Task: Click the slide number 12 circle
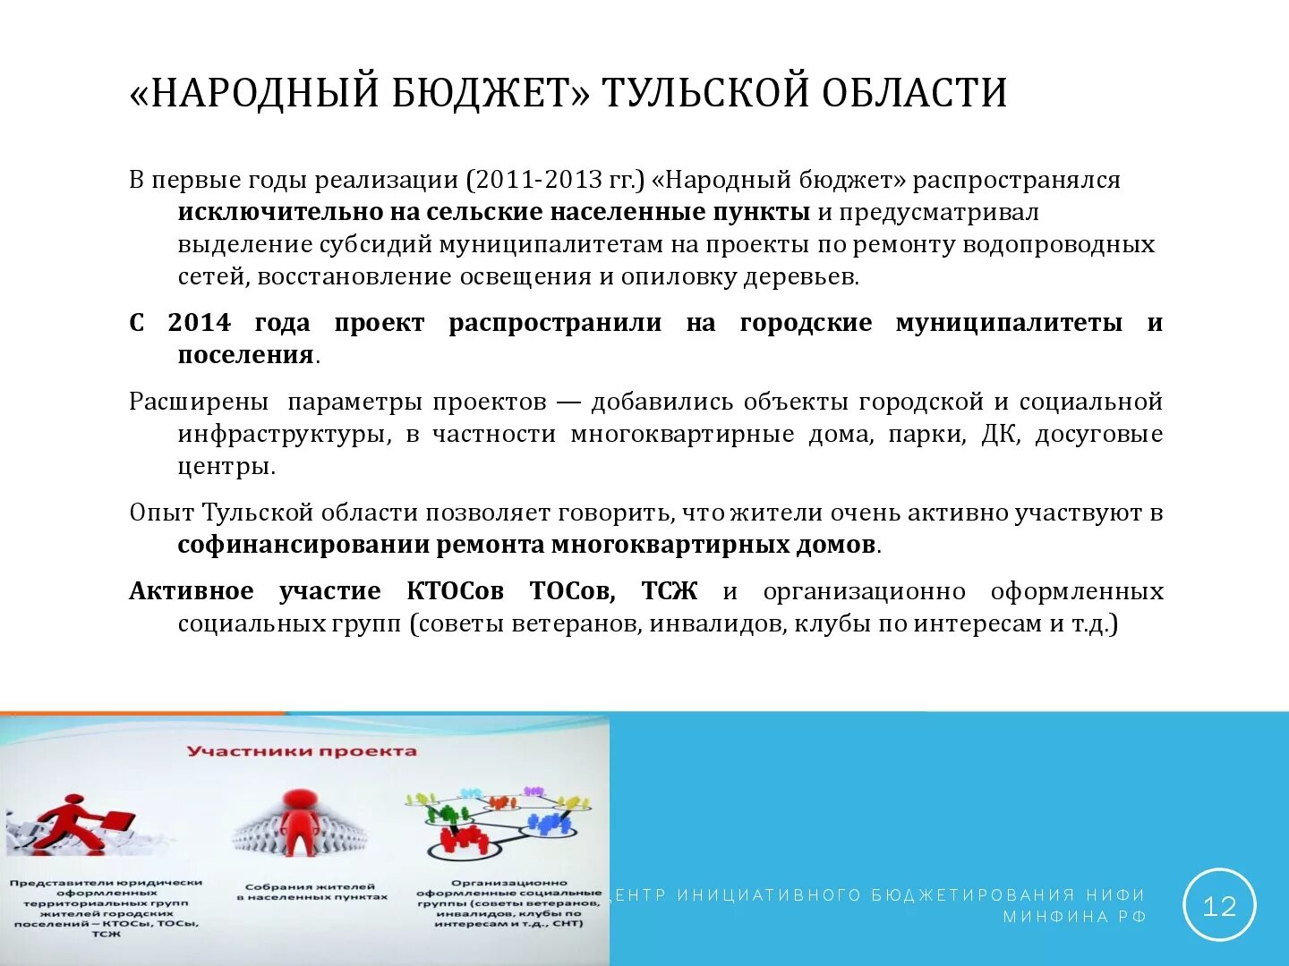coord(1219,905)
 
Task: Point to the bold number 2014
coord(199,323)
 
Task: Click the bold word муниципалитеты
coord(1009,323)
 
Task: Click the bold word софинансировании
coord(303,545)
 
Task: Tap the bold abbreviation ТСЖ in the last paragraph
coord(669,591)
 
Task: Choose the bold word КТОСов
coord(455,591)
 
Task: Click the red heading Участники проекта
coord(302,751)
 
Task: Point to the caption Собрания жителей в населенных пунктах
coord(312,892)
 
